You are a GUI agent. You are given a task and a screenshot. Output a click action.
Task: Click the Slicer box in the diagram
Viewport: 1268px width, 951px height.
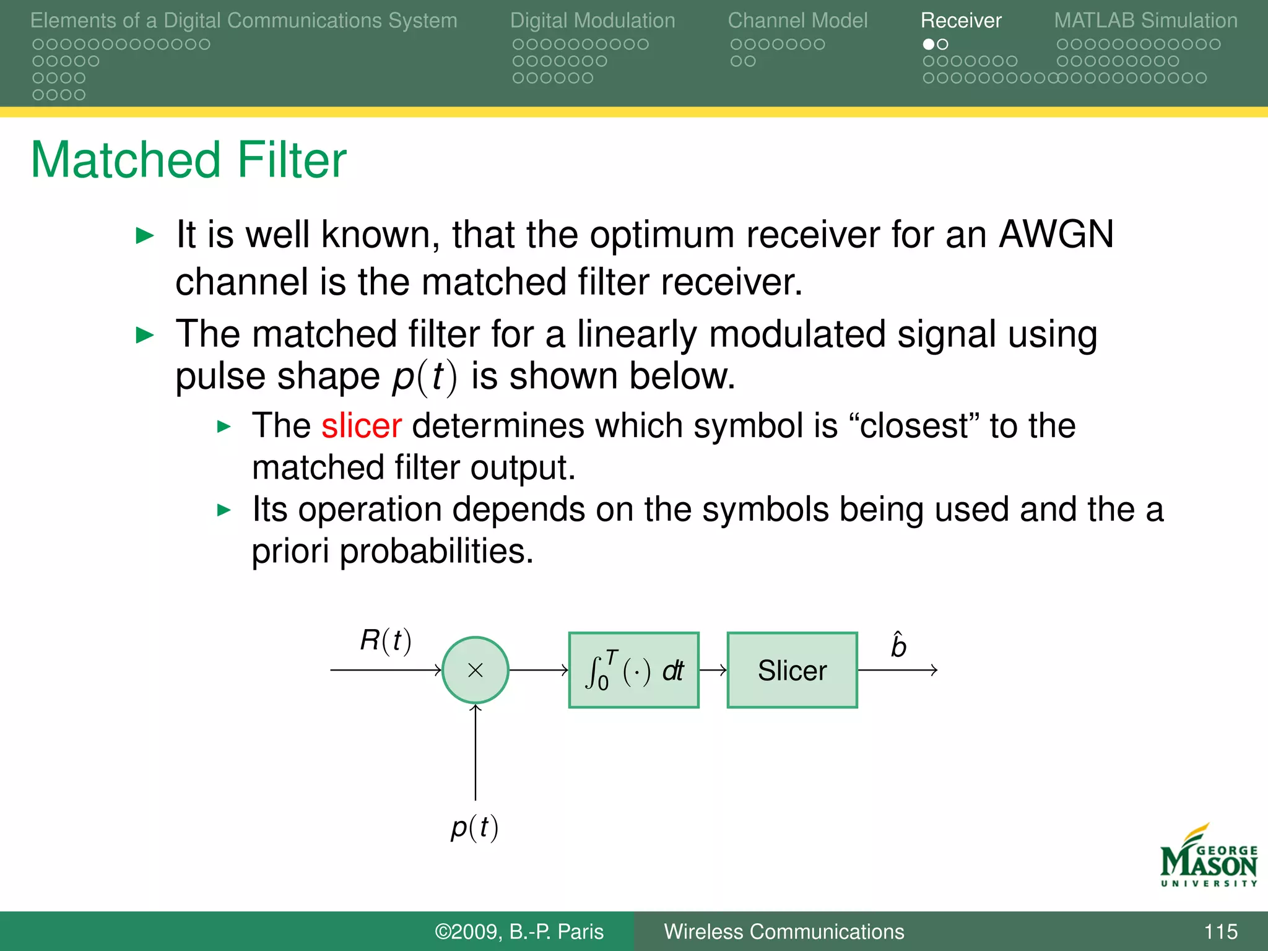792,670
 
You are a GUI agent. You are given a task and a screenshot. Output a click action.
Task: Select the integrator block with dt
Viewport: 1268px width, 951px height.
633,670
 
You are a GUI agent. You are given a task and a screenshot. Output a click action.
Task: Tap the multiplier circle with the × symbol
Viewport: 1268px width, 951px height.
475,670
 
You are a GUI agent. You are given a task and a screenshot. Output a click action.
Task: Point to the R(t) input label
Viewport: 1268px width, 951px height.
385,640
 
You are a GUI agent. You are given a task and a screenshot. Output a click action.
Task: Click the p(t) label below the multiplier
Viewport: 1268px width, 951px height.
474,827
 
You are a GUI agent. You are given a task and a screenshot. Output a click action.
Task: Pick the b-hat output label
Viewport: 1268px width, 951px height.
898,646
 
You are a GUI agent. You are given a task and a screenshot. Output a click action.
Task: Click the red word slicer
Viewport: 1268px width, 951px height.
362,426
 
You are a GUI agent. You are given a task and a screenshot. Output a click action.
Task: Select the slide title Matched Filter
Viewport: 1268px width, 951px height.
188,160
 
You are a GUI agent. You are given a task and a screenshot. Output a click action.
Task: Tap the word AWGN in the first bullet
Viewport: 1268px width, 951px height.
1056,235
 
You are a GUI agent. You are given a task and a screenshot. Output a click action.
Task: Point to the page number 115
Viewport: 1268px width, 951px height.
1220,931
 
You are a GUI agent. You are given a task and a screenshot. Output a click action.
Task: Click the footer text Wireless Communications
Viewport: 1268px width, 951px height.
784,931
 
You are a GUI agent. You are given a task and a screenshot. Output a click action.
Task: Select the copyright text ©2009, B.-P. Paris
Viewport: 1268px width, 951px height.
519,931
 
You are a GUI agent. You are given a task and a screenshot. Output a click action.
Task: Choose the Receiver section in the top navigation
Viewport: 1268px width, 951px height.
960,20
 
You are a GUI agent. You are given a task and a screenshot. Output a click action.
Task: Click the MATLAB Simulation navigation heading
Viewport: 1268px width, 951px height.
1145,20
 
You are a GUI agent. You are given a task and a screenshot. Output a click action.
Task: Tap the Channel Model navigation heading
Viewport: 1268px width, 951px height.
797,20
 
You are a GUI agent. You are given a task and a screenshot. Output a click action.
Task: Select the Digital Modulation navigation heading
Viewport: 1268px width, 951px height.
593,20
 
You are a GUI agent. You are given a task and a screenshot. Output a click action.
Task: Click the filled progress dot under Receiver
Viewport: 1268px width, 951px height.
928,45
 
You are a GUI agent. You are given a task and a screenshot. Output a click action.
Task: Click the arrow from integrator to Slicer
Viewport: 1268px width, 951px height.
713,670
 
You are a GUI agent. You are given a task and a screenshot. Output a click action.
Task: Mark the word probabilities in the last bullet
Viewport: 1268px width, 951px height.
436,551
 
